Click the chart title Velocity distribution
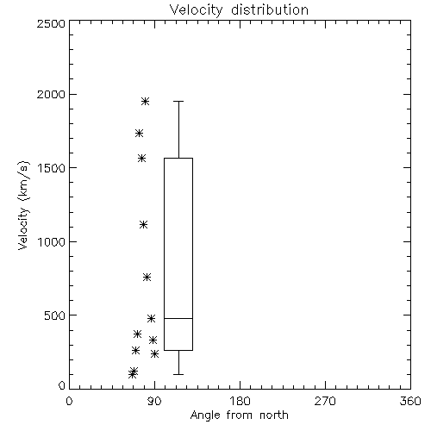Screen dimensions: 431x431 [x=239, y=9]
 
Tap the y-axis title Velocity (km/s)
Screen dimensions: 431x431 [x=23, y=205]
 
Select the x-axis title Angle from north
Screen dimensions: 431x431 [x=239, y=415]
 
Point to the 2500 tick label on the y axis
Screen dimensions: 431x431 [x=52, y=23]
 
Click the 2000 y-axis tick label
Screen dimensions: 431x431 [x=52, y=94]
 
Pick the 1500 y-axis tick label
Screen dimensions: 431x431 [x=52, y=168]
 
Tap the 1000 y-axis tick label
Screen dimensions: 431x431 [x=52, y=241]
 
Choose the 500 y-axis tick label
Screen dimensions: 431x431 [x=55, y=315]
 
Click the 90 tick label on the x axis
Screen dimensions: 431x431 [x=154, y=401]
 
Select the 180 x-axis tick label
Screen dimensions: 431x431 [x=240, y=401]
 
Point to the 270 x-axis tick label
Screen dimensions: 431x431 [x=325, y=401]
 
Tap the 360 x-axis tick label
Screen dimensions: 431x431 [x=410, y=401]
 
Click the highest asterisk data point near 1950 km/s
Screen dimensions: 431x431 [x=145, y=101]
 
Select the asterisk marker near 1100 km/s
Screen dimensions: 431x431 [x=143, y=224]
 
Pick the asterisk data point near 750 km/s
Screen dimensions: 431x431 [x=147, y=277]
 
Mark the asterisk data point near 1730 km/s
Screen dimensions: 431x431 [x=139, y=133]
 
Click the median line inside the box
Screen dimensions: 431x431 [x=178, y=318]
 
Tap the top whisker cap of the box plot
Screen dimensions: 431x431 [x=178, y=101]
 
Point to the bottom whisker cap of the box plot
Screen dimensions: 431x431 [x=178, y=374]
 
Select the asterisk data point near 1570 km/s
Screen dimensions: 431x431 [x=141, y=158]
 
